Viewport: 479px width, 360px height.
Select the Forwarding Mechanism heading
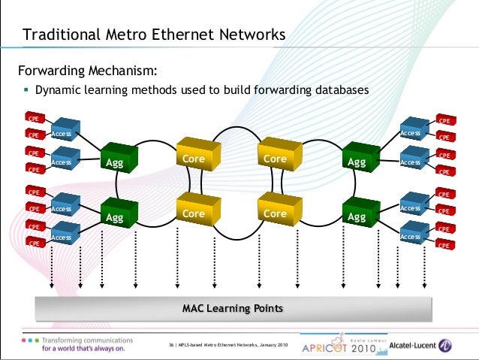pyautogui.click(x=88, y=71)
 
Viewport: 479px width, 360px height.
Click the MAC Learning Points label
pyautogui.click(x=233, y=308)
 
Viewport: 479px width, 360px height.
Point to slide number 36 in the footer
pyautogui.click(x=171, y=345)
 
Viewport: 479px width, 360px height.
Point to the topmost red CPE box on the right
pyautogui.click(x=444, y=119)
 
